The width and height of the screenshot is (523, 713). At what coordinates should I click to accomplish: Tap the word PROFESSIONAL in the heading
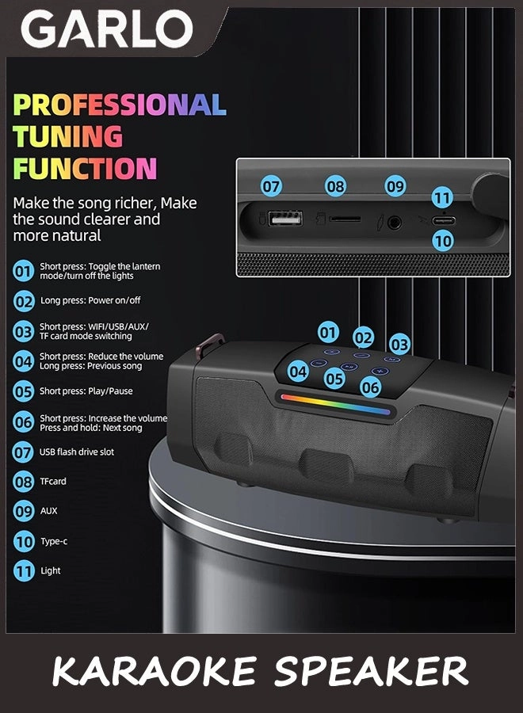[120, 105]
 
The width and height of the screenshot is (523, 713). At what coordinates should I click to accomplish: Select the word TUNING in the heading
[68, 136]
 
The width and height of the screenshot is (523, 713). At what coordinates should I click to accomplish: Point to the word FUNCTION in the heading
[85, 169]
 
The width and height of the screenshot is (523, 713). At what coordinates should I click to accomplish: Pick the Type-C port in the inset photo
[442, 220]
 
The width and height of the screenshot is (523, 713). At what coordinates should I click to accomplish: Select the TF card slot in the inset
[344, 219]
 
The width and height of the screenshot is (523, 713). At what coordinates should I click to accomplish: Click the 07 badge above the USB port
[272, 187]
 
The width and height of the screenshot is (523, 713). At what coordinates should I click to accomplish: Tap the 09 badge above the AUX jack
[395, 187]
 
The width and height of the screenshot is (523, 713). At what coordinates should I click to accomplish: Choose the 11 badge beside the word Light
[24, 570]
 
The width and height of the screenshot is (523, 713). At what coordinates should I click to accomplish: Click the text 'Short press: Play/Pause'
[86, 391]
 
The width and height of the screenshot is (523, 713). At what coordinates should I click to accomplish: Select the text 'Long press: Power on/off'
[90, 301]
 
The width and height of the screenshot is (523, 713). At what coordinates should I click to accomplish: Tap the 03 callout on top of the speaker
[399, 345]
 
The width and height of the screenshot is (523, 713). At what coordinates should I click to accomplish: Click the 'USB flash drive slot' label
[77, 452]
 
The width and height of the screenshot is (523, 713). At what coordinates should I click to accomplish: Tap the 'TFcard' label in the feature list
[53, 482]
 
